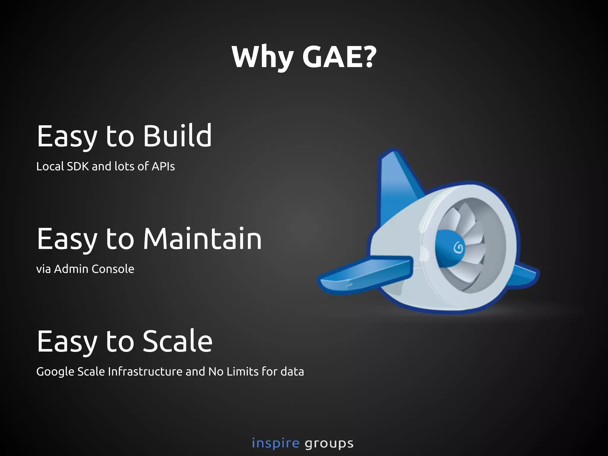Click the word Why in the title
[263, 57]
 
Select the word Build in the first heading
[178, 136]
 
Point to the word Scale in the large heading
[178, 341]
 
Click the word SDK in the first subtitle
[78, 166]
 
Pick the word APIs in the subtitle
[163, 166]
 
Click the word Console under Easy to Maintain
[113, 269]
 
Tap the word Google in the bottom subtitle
[56, 372]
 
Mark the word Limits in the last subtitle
[242, 372]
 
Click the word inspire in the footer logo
[275, 444]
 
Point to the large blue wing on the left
[365, 275]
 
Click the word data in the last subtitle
[292, 372]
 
